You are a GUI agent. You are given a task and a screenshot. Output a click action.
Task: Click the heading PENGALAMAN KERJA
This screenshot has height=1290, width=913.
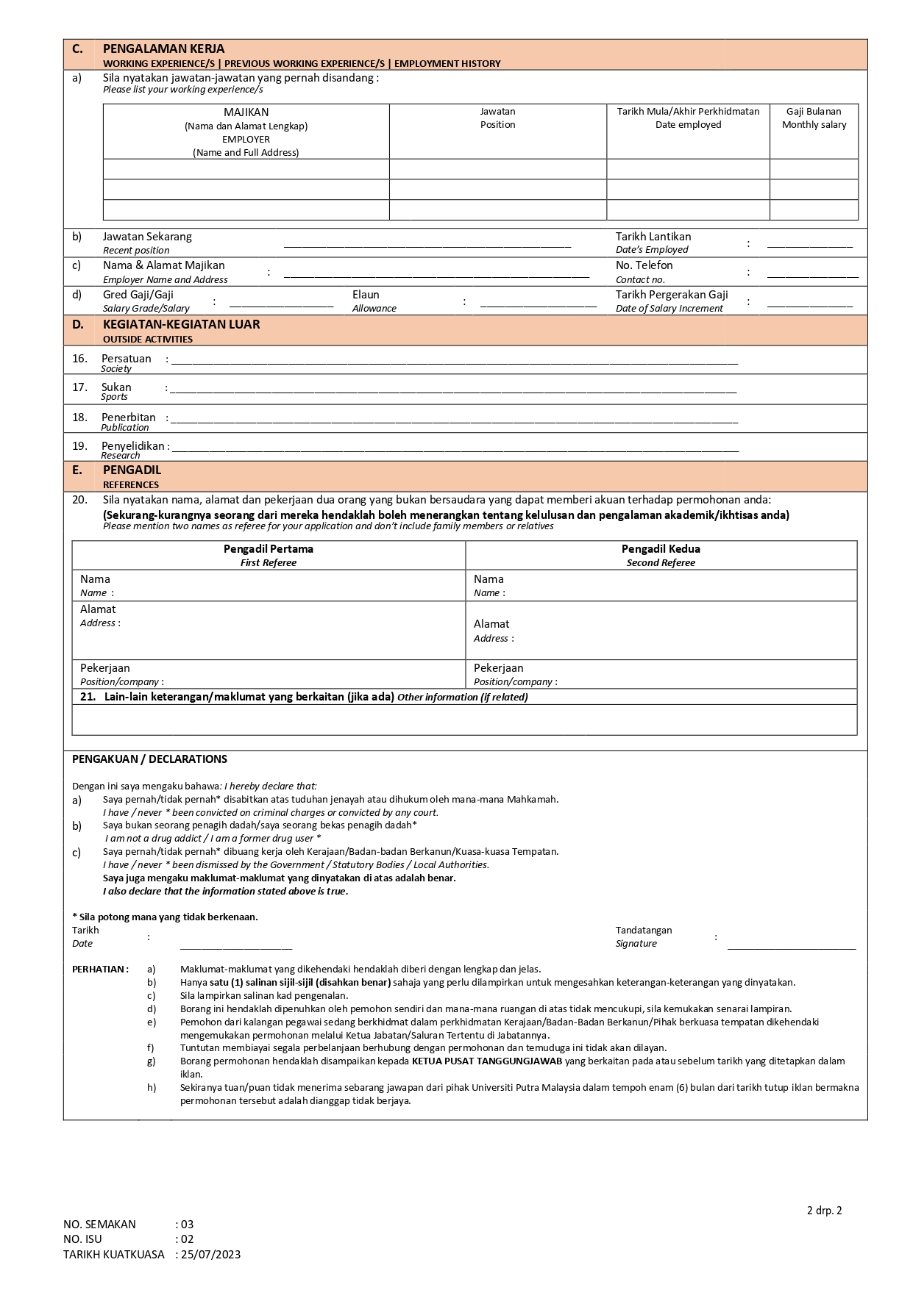163,49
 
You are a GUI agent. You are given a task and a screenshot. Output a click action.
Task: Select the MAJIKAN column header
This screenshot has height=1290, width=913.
246,112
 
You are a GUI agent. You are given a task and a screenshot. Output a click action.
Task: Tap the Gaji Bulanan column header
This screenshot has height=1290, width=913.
814,112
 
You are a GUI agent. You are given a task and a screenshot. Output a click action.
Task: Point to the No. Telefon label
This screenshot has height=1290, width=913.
644,265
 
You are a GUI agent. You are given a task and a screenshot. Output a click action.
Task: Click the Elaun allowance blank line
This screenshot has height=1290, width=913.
538,304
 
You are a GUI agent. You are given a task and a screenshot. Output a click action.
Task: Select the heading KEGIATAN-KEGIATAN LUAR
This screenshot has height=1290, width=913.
181,324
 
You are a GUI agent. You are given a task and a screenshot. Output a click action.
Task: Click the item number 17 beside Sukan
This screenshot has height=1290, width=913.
79,387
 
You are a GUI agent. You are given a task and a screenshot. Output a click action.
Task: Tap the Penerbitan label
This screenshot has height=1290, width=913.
128,418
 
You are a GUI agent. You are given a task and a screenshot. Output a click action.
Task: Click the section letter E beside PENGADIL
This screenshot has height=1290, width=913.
77,470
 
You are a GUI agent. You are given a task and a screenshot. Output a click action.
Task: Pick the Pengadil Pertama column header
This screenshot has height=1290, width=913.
269,549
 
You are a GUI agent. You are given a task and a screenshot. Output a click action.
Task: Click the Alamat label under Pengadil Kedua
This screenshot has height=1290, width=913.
491,624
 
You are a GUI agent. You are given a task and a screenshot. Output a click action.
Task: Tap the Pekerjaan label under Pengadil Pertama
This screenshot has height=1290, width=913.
104,668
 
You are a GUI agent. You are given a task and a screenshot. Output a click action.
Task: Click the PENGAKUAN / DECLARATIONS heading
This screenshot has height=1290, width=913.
149,759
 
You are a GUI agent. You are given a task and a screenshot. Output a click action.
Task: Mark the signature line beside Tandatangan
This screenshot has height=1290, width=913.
792,947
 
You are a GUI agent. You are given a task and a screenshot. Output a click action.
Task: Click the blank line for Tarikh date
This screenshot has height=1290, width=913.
235,947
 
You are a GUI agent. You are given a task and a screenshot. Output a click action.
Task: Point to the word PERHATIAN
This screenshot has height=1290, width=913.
99,970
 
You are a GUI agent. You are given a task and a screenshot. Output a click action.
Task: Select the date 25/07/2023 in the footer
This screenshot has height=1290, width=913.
210,1255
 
